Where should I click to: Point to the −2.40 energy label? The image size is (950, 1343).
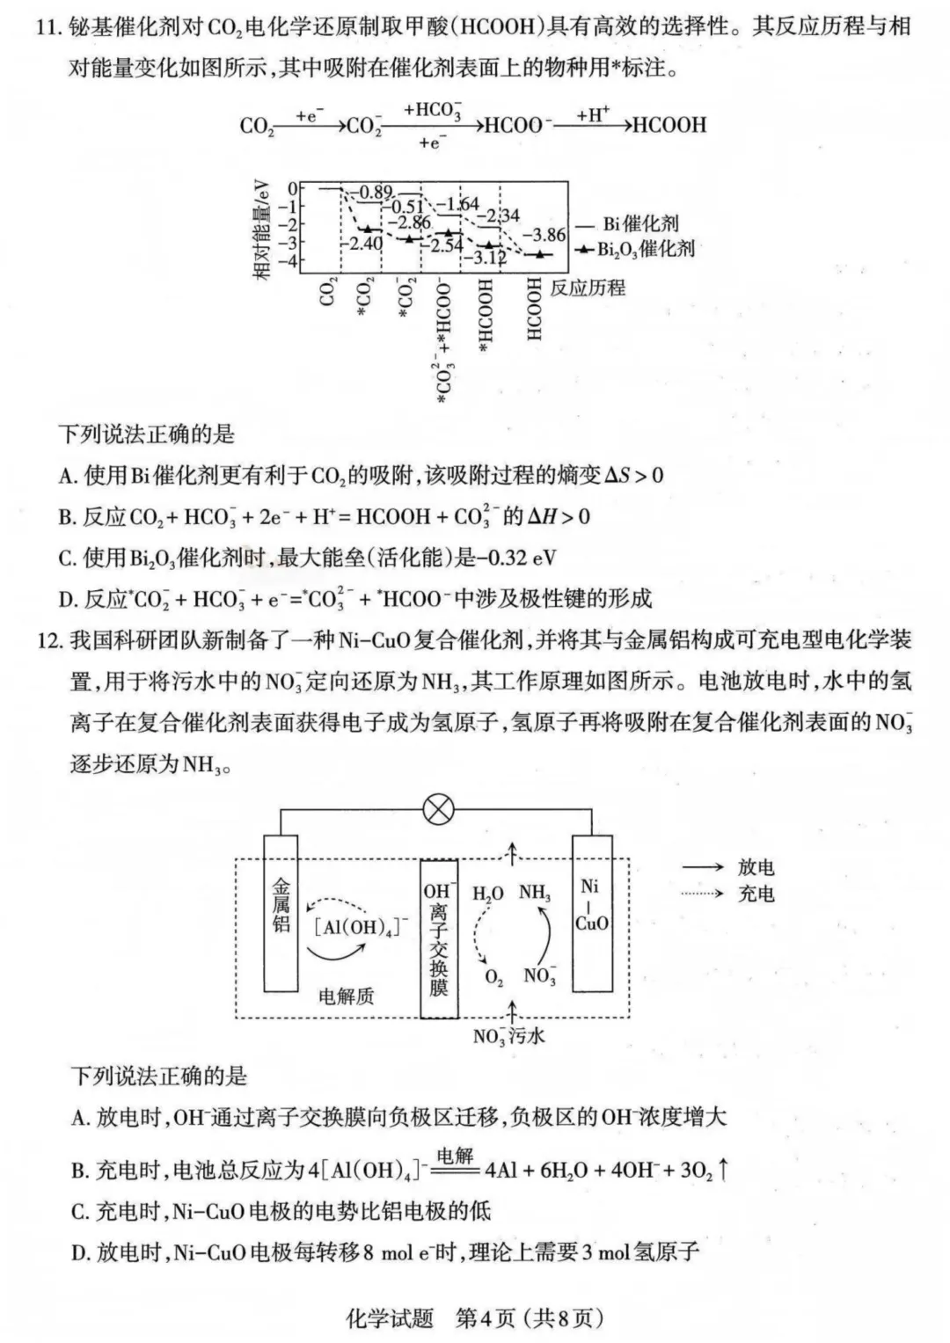click(364, 243)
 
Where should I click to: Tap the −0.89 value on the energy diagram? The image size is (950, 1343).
click(372, 193)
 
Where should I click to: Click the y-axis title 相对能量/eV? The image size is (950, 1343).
click(262, 227)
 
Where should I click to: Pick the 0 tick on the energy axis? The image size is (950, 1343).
click(293, 188)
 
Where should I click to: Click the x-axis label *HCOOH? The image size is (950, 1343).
click(486, 318)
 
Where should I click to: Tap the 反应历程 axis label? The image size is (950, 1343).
click(588, 288)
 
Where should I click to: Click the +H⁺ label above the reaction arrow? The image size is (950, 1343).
click(592, 114)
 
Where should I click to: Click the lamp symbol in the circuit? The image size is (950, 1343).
click(438, 809)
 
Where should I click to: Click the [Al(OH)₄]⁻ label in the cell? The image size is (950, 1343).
click(361, 926)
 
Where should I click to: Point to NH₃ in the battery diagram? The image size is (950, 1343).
click(534, 894)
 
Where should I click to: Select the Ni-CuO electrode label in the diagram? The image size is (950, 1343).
click(591, 905)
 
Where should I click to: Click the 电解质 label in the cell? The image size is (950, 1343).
click(346, 996)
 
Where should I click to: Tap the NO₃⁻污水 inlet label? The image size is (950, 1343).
click(508, 1036)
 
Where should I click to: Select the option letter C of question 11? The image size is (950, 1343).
click(67, 558)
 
